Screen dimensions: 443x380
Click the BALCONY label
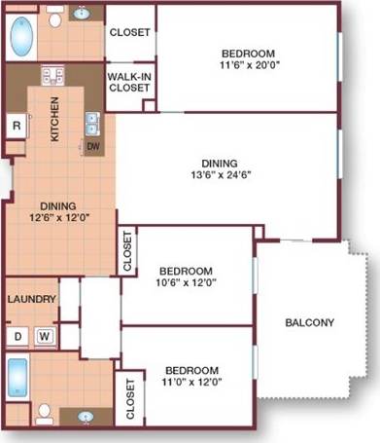pyautogui.click(x=311, y=323)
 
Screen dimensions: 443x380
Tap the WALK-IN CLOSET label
pyautogui.click(x=128, y=82)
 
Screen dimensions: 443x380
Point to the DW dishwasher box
pyautogui.click(x=93, y=147)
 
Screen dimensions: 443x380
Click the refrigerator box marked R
pyautogui.click(x=17, y=126)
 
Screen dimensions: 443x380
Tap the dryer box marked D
pyautogui.click(x=17, y=337)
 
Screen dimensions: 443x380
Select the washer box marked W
pyautogui.click(x=44, y=337)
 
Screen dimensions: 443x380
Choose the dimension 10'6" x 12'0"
pyautogui.click(x=186, y=283)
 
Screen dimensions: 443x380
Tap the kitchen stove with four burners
pyautogui.click(x=52, y=76)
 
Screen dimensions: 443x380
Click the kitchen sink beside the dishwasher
pyautogui.click(x=93, y=123)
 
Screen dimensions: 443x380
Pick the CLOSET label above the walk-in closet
pyautogui.click(x=129, y=32)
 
